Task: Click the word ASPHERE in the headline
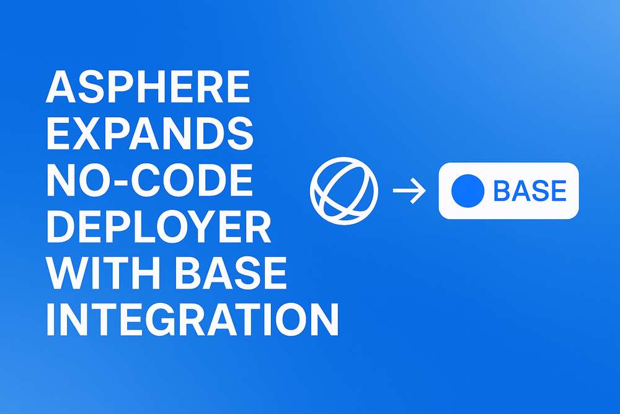(148, 86)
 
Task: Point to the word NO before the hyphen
(79, 180)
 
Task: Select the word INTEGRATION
(193, 320)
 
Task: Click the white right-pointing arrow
(409, 191)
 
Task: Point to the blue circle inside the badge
(467, 191)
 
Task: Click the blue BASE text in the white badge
(530, 191)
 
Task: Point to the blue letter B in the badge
(502, 191)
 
